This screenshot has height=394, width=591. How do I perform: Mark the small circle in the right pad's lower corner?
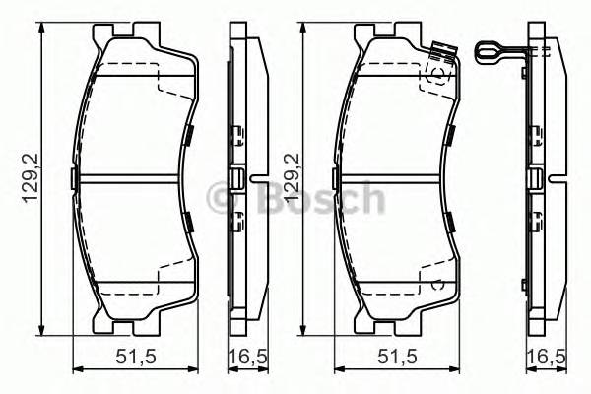(440, 284)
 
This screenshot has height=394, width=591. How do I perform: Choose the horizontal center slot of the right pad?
(394, 179)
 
